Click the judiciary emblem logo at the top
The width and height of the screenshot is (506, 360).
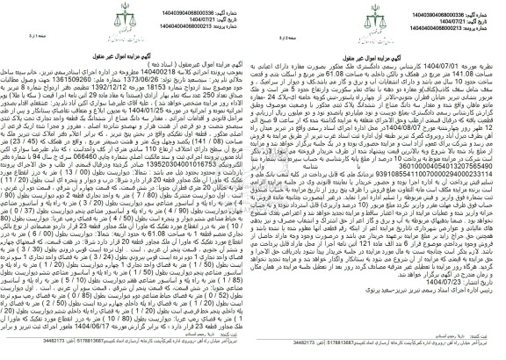pyautogui.click(x=253, y=16)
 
